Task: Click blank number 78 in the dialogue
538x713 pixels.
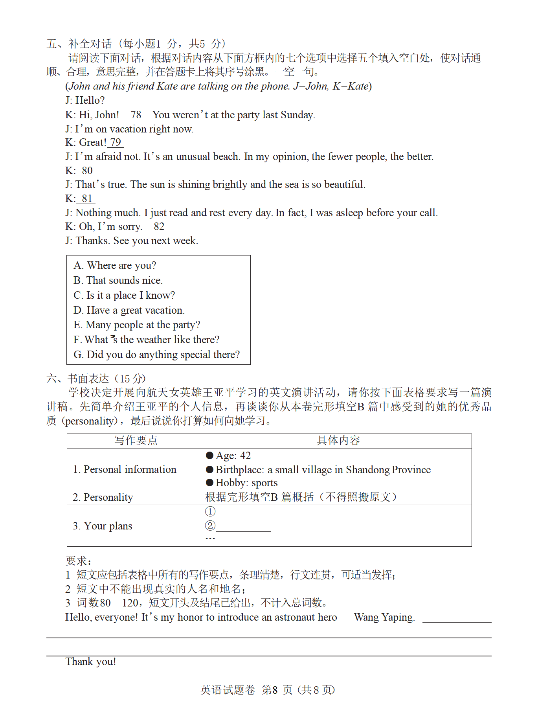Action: [x=136, y=115]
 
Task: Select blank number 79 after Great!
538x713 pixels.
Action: [x=116, y=142]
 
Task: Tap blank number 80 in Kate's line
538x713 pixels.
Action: [x=87, y=171]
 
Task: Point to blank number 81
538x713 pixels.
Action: [x=87, y=198]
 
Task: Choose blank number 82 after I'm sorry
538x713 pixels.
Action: [x=159, y=226]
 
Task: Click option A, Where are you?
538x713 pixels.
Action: [x=115, y=265]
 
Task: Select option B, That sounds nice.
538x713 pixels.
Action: [x=118, y=280]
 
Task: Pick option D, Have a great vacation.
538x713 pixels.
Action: [x=129, y=310]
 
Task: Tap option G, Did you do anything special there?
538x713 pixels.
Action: [x=156, y=355]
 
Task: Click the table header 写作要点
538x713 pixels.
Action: [x=136, y=441]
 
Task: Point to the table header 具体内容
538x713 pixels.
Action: [x=338, y=441]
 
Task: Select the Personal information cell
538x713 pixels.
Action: [x=125, y=469]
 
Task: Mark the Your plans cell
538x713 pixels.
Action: [x=103, y=526]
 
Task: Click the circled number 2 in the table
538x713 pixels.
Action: [x=210, y=526]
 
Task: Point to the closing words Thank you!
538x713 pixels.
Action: [x=91, y=662]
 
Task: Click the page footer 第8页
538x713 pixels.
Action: [x=277, y=690]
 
